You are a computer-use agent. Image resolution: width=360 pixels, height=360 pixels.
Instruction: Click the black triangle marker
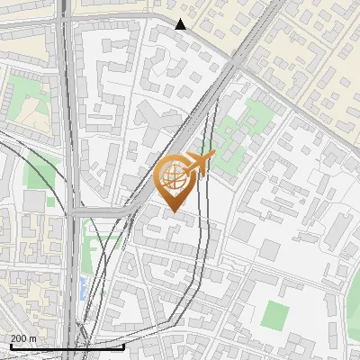(x=181, y=23)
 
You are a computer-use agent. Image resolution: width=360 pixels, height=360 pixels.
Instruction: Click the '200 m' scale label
(x=23, y=337)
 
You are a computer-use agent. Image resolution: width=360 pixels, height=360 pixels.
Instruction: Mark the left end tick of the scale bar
(x=10, y=346)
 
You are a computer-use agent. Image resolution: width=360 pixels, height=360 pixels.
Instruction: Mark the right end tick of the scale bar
(x=123, y=346)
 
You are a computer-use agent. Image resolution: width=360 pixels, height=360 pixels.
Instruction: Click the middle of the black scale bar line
(x=67, y=346)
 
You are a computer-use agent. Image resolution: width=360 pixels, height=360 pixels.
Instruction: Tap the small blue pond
(x=84, y=288)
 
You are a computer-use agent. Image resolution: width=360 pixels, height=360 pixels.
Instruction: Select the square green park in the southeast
(x=275, y=314)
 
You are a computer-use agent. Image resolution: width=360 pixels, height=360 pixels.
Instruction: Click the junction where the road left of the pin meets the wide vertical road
(x=76, y=212)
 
